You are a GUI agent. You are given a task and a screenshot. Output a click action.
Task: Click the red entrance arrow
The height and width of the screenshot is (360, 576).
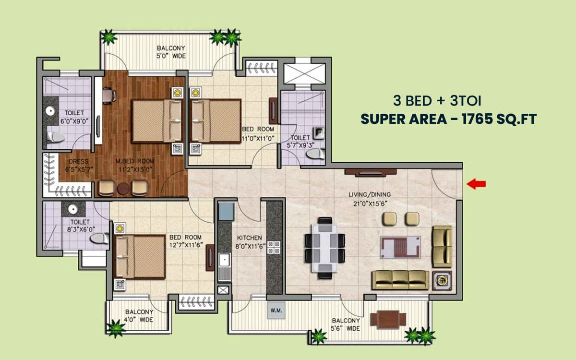[476, 184]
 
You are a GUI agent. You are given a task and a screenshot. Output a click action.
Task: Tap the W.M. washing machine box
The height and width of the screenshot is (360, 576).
[276, 311]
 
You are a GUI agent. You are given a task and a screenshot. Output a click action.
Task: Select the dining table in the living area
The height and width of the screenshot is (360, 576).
[325, 248]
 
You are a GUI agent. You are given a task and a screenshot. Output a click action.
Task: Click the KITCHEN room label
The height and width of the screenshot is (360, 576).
[249, 238]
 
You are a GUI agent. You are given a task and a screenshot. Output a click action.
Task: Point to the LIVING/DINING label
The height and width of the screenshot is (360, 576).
[370, 195]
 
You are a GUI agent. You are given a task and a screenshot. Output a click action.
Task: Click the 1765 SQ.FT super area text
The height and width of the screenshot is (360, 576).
[499, 119]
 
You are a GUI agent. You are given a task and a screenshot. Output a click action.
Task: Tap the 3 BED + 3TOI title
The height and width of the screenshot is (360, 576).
[437, 100]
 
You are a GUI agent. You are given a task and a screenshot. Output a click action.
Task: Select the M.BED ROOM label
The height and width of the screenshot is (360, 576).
[135, 161]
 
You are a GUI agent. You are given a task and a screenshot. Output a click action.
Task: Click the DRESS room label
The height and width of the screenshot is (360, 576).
[78, 161]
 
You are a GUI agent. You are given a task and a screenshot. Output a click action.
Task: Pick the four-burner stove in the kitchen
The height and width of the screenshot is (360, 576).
[274, 247]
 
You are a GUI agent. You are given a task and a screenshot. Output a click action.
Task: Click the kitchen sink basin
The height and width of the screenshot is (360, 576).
[225, 260]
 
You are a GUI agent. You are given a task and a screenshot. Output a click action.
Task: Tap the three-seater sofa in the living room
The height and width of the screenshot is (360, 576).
[400, 280]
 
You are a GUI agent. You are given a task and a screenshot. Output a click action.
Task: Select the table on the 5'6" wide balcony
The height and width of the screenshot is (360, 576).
[388, 320]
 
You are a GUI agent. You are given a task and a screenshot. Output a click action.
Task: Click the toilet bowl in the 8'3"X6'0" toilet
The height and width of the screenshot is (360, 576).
[99, 239]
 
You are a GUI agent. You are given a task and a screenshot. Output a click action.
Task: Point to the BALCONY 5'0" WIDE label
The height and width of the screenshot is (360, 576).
[171, 52]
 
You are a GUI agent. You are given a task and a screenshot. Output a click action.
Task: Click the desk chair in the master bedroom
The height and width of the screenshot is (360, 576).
[109, 96]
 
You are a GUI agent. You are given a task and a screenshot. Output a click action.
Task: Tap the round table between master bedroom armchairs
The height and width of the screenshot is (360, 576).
[123, 189]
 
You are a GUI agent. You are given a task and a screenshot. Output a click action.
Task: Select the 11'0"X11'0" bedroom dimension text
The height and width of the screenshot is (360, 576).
[258, 139]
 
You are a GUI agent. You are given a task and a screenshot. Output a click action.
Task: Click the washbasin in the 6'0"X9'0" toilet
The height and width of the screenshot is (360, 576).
[51, 111]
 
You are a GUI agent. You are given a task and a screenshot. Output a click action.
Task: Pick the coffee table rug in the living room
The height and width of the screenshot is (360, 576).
[400, 247]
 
